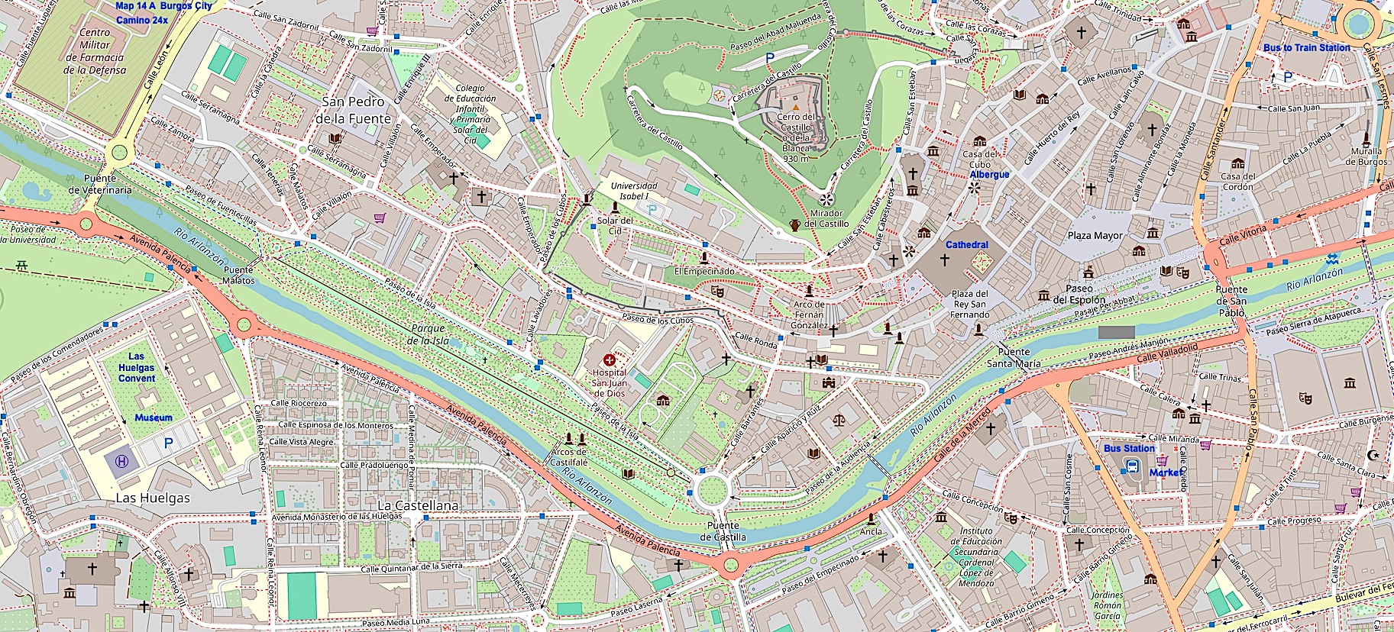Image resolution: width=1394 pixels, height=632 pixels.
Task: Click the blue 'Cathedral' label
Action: [x=966, y=245]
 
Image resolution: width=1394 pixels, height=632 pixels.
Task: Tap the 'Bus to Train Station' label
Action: [x=1306, y=47]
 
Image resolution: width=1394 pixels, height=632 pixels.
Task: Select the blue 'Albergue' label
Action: [x=989, y=175]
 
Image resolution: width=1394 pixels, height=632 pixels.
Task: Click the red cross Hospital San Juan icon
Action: [x=609, y=360]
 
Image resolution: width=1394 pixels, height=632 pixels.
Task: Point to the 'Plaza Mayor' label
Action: [x=1095, y=236]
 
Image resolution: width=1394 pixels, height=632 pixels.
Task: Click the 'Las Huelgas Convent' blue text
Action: [x=137, y=367]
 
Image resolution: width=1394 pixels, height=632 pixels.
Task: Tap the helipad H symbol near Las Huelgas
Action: [x=121, y=461]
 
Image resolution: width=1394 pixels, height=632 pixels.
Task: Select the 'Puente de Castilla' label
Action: [x=723, y=531]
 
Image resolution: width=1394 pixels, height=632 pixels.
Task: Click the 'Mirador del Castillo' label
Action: [x=826, y=218]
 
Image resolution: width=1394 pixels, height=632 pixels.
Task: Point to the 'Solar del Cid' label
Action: [x=615, y=225]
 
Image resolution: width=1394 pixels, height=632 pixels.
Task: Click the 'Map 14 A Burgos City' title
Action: [x=163, y=6]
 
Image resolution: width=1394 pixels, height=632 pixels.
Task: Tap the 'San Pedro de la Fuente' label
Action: [x=353, y=111]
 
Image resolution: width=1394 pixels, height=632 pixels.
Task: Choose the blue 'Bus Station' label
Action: [x=1129, y=449]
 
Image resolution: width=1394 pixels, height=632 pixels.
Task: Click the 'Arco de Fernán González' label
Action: [x=809, y=314]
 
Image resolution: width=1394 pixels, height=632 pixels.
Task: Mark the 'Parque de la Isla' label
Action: [x=429, y=334]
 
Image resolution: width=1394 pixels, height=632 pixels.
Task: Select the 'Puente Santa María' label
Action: [x=1013, y=358]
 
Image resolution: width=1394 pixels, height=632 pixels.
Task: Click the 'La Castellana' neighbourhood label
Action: [x=418, y=505]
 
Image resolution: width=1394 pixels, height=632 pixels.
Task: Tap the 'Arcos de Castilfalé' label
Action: [x=569, y=457]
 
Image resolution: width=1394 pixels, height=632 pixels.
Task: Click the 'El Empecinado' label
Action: [x=704, y=271]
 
